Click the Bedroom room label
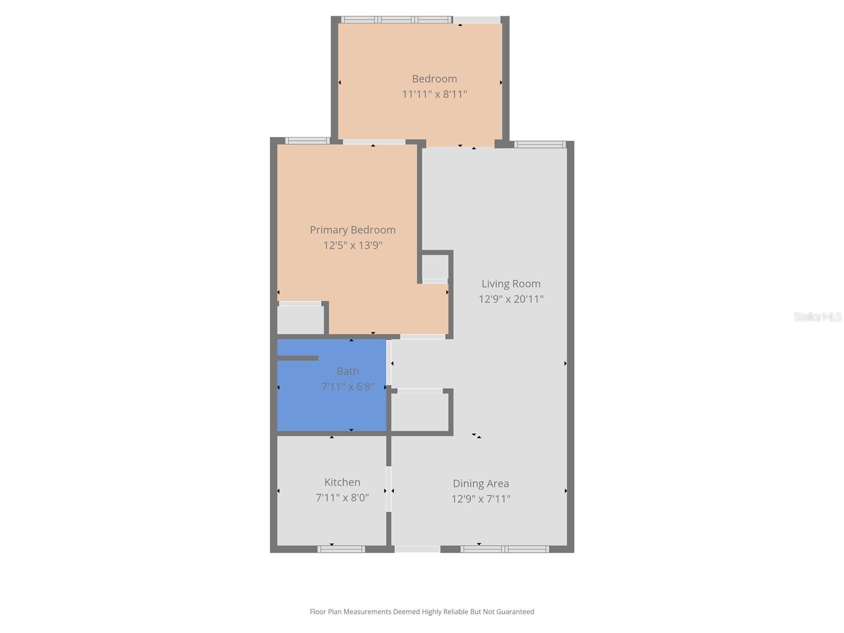pyautogui.click(x=434, y=79)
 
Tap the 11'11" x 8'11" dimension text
pyautogui.click(x=434, y=94)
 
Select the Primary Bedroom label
pyautogui.click(x=352, y=230)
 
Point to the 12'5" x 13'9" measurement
pyautogui.click(x=352, y=245)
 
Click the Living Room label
pyautogui.click(x=511, y=284)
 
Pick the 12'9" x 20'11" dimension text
pyautogui.click(x=511, y=299)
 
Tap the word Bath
pyautogui.click(x=348, y=371)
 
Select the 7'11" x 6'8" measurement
pyautogui.click(x=348, y=387)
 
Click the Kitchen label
pyautogui.click(x=342, y=482)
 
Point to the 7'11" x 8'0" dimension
pyautogui.click(x=342, y=497)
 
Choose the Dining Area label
pyautogui.click(x=481, y=484)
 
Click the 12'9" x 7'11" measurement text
pyautogui.click(x=481, y=499)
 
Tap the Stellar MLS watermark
pyautogui.click(x=817, y=317)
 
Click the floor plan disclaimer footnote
pyautogui.click(x=421, y=612)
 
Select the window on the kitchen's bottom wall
pyautogui.click(x=341, y=549)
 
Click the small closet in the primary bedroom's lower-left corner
pyautogui.click(x=300, y=320)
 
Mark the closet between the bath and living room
pyautogui.click(x=420, y=412)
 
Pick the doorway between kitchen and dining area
pyautogui.click(x=389, y=489)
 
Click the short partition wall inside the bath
pyautogui.click(x=298, y=358)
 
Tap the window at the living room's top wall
pyautogui.click(x=540, y=145)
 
